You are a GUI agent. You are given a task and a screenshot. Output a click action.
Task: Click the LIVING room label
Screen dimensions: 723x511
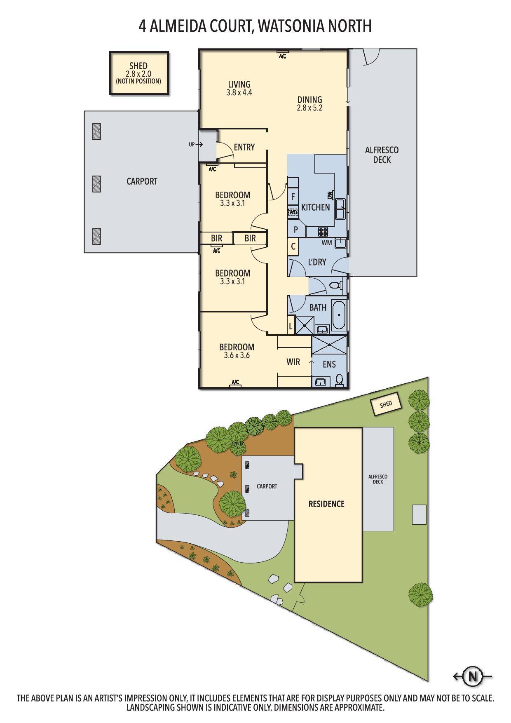pos(239,85)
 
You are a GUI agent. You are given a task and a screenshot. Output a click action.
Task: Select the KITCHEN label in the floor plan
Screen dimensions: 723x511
pos(315,207)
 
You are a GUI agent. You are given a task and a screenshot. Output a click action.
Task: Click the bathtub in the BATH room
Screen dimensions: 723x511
pos(339,315)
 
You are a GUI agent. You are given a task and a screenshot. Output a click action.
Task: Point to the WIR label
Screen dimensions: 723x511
pos(293,362)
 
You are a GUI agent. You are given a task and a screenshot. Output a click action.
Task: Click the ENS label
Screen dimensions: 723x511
pos(329,364)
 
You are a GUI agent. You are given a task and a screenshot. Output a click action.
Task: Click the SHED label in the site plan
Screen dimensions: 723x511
pos(386,404)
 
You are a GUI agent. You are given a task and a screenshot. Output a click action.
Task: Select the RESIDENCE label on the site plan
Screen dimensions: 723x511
pos(326,504)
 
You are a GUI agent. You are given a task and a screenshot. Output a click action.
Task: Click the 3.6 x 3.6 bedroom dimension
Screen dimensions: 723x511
pos(237,355)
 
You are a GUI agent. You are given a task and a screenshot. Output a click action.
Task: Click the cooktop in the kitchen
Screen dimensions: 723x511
pos(323,232)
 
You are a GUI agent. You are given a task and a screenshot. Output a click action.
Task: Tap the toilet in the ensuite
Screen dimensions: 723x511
pos(340,380)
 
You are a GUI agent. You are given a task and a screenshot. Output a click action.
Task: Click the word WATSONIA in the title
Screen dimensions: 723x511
pos(291,26)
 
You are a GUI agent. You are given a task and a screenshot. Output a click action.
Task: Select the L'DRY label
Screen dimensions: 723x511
pos(317,262)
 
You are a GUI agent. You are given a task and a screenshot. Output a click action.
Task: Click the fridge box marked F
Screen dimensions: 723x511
pos(293,197)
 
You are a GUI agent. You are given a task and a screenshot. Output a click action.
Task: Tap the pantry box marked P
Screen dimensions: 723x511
pos(295,230)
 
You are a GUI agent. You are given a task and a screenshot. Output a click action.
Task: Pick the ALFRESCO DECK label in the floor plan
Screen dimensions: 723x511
pos(382,155)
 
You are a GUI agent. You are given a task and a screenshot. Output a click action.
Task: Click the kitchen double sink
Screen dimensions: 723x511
pos(340,209)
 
